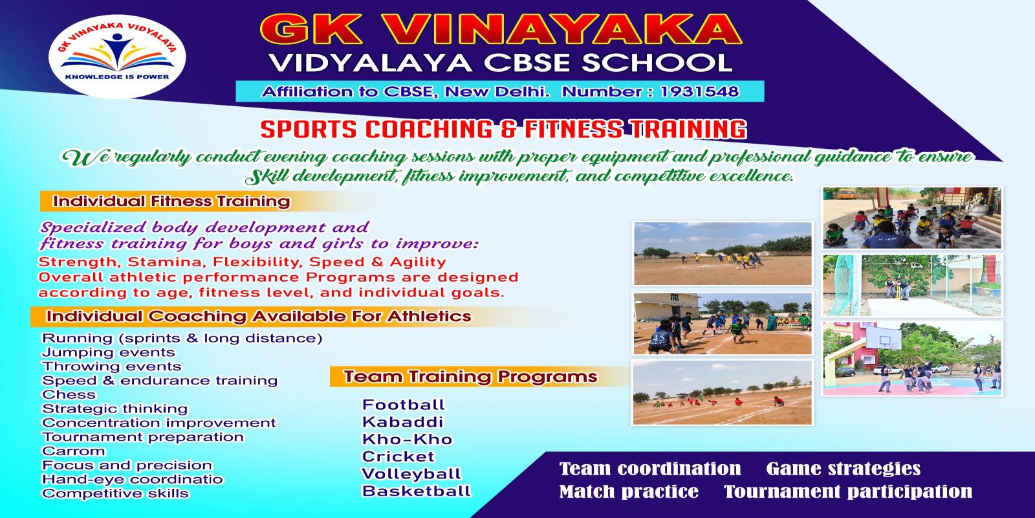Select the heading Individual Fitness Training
[171, 201]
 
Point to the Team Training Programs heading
[470, 376]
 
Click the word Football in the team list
[403, 405]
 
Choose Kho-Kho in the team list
[407, 439]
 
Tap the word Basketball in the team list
[416, 491]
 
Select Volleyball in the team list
[411, 474]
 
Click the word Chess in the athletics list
[69, 394]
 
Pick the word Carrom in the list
[73, 451]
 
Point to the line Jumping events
[108, 352]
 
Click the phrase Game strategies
[843, 468]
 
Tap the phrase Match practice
[628, 491]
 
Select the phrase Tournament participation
[847, 491]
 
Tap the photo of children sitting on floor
[911, 218]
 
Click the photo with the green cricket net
[911, 286]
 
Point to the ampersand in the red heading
[502, 129]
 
